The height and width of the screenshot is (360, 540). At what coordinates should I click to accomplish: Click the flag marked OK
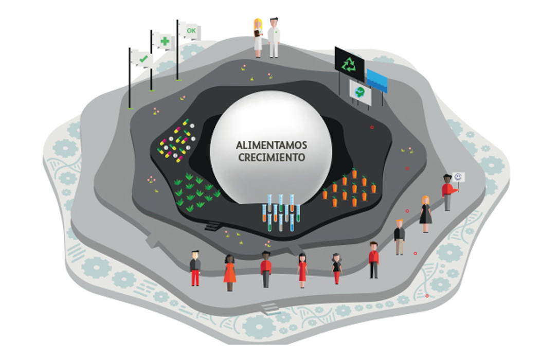[x=190, y=31]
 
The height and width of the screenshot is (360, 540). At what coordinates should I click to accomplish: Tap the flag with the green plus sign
[x=164, y=41]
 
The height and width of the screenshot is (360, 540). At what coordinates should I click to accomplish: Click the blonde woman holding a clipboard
[x=258, y=38]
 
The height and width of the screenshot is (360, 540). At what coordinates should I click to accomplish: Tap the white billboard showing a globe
[x=361, y=93]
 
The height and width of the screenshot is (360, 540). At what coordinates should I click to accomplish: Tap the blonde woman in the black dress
[x=425, y=213]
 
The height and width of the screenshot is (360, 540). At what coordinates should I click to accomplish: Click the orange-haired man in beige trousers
[x=400, y=237]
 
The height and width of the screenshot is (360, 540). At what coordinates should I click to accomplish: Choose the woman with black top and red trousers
[x=336, y=268]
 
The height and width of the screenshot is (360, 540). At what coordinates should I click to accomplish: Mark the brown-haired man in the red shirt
[x=373, y=260]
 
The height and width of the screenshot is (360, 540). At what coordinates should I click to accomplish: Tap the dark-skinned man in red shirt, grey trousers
[x=265, y=269]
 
